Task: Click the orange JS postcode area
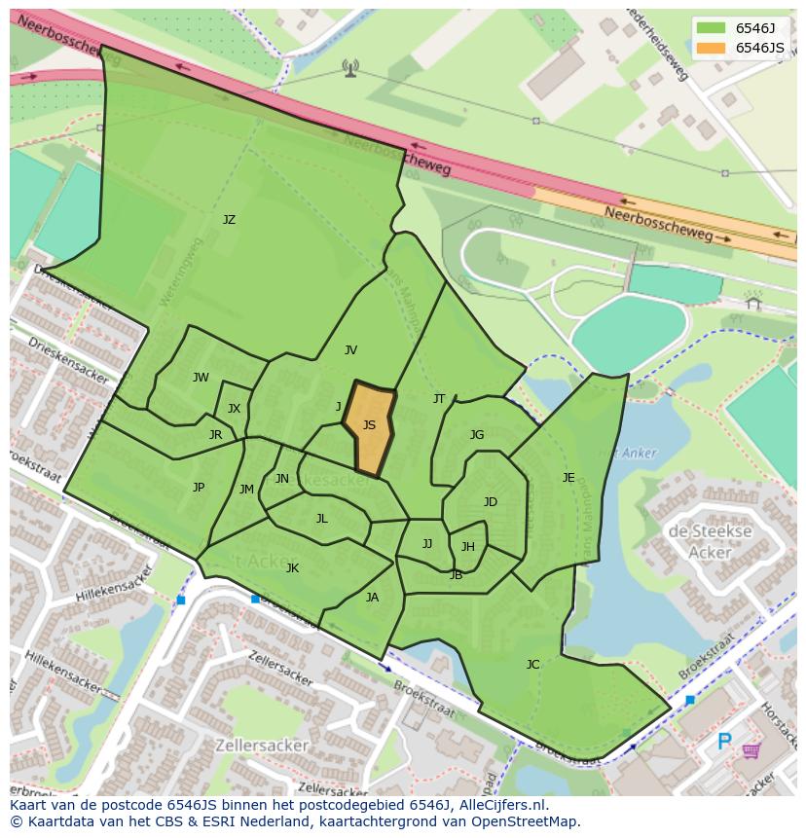[369, 426]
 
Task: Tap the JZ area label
[229, 220]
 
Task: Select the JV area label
[350, 350]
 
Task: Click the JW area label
[201, 378]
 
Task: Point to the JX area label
[234, 409]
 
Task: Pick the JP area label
[199, 488]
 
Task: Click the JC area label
[532, 665]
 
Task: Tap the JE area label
[568, 478]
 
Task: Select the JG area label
[477, 435]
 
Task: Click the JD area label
[491, 502]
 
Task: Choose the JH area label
[468, 547]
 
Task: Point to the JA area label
[372, 598]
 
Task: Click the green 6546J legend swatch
[710, 27]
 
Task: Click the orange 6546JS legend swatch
[710, 48]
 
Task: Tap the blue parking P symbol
[724, 743]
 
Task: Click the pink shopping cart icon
[751, 750]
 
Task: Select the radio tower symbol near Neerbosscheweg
[350, 67]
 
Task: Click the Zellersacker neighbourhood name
[261, 746]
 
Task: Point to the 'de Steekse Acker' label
[710, 542]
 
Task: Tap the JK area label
[292, 568]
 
